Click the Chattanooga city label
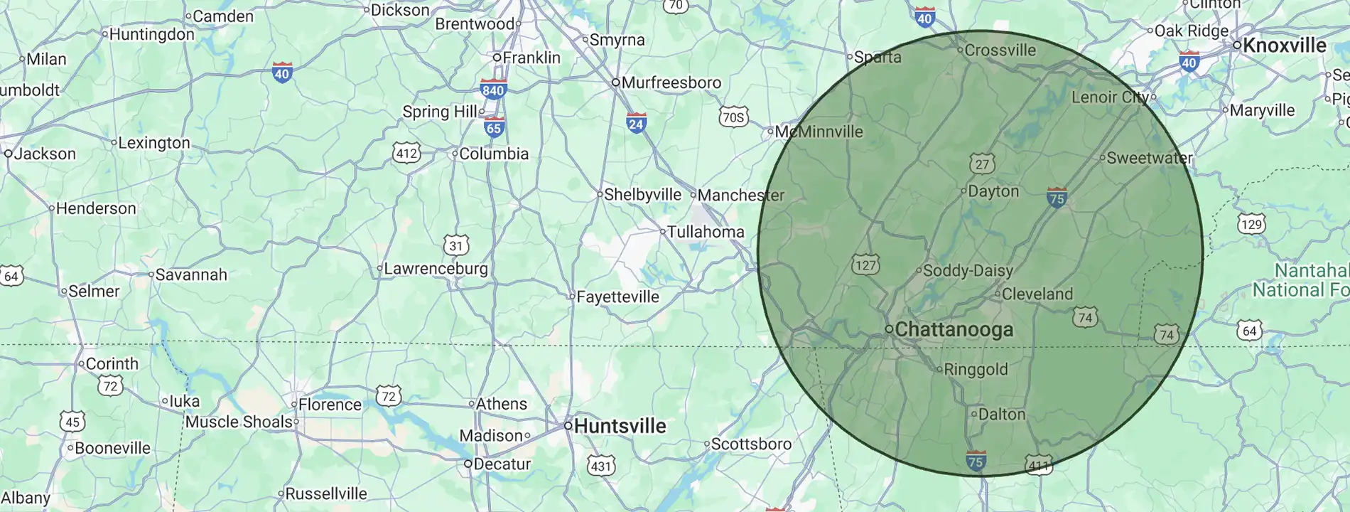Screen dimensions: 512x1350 (954, 330)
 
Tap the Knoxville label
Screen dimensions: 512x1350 (1285, 46)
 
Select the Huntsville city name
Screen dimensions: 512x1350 (620, 426)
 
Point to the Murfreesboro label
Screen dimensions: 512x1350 (671, 82)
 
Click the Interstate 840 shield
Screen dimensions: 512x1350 (492, 89)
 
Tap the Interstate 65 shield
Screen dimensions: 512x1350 (494, 127)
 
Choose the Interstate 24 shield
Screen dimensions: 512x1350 (636, 124)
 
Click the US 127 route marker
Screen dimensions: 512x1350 (865, 265)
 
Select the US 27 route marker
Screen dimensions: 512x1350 (982, 164)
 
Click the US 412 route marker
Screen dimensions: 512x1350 (406, 153)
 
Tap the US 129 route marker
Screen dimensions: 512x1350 (1251, 225)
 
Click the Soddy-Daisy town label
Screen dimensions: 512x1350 (967, 271)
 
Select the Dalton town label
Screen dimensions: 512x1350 (1002, 415)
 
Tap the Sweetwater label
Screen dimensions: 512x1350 (1150, 158)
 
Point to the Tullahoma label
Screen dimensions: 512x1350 (705, 232)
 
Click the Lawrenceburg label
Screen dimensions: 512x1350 (436, 269)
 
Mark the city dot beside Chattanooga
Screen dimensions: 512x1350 (889, 329)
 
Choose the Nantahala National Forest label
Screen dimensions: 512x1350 (1300, 280)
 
